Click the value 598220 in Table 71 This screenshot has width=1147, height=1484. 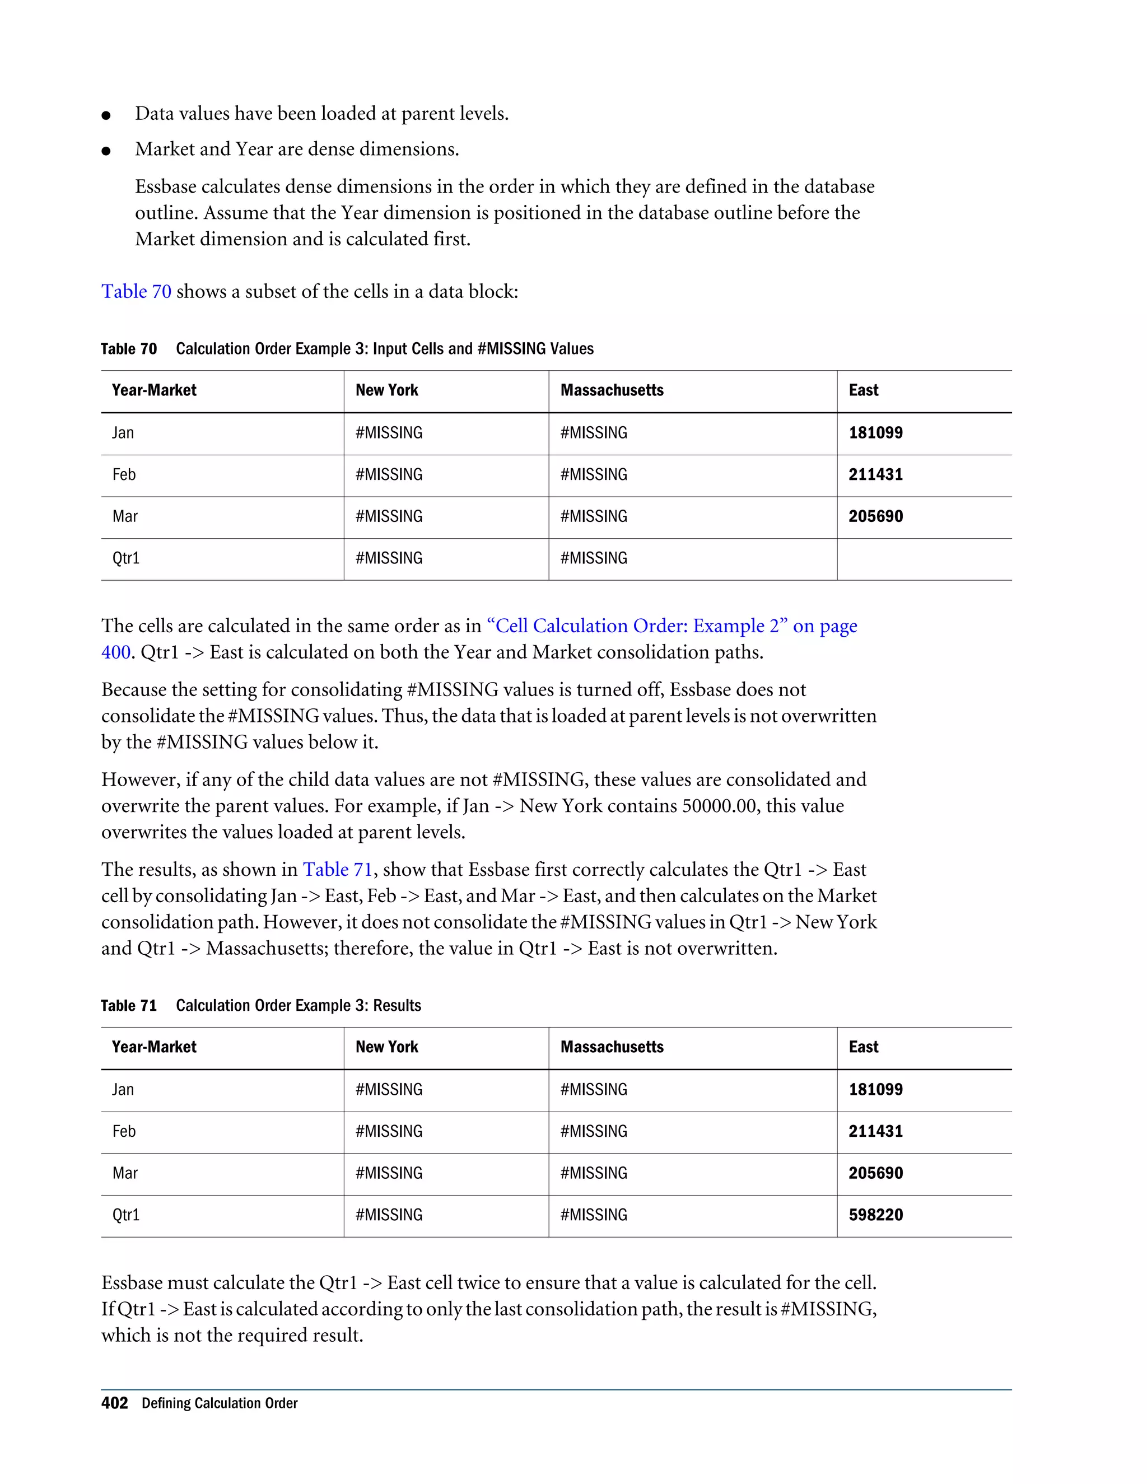(875, 1215)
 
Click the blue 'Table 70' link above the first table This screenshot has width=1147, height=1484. (136, 292)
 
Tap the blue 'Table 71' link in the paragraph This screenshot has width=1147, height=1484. (337, 870)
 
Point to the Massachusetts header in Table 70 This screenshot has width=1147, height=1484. (612, 390)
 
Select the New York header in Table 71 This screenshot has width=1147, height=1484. (386, 1047)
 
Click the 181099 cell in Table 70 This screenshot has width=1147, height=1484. (875, 433)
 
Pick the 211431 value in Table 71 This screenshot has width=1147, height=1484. (875, 1131)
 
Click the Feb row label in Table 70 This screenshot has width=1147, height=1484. (124, 474)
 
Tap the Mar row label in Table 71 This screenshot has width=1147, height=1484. (125, 1173)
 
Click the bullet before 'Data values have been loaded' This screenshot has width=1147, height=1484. (106, 115)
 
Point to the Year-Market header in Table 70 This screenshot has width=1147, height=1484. (154, 390)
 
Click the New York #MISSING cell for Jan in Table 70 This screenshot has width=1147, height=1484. (389, 433)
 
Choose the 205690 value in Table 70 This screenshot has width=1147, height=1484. (875, 516)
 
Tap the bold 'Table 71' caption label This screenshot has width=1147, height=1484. (128, 1006)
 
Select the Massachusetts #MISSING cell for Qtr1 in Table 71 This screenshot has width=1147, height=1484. (593, 1215)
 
